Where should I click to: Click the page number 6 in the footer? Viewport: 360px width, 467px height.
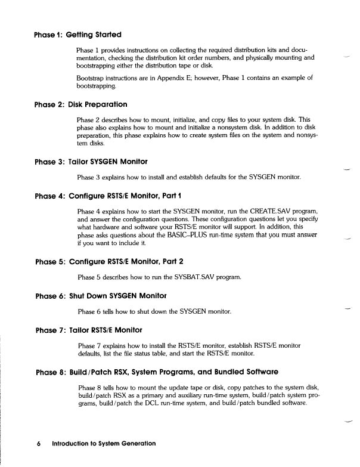(38, 443)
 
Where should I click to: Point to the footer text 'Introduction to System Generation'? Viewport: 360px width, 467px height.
(104, 443)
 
